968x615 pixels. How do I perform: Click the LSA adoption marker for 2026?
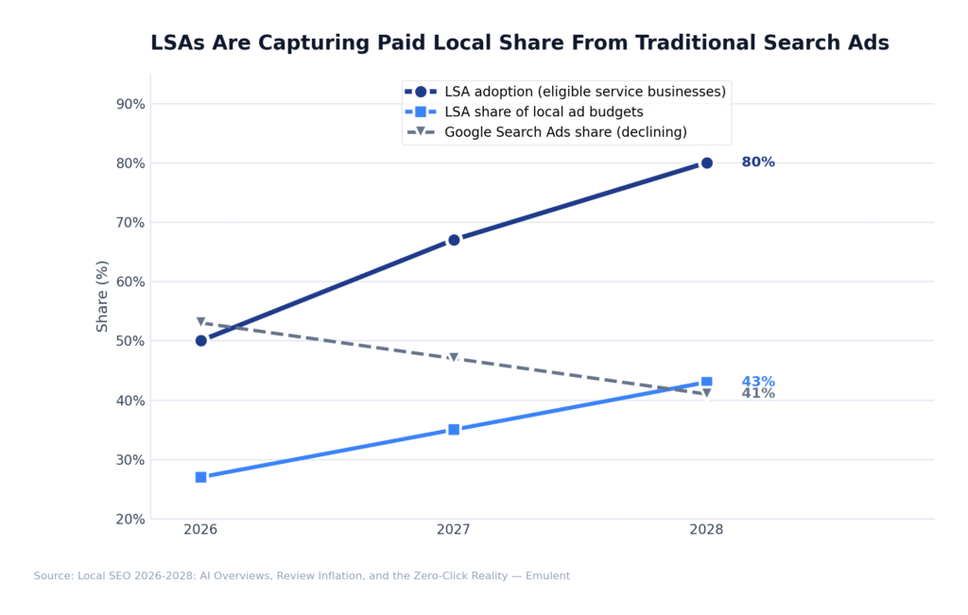point(201,340)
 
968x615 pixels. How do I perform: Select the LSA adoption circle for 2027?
point(454,240)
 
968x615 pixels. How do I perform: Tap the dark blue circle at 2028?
point(706,162)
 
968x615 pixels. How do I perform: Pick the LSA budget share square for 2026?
point(201,477)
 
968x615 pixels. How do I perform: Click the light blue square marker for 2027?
point(454,429)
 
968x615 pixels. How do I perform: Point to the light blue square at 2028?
point(706,382)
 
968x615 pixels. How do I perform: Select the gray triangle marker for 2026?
point(201,322)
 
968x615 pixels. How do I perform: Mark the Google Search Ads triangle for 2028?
point(706,394)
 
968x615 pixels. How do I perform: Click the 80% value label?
point(758,162)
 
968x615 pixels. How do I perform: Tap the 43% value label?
point(758,382)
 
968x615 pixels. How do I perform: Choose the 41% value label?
point(758,394)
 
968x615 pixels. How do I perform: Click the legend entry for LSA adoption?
point(584,92)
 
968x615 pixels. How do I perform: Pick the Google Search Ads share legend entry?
point(565,132)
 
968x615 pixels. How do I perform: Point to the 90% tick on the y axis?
point(130,104)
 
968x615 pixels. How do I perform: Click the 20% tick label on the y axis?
point(130,519)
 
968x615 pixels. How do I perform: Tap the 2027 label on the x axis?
point(454,530)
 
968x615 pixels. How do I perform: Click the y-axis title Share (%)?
point(103,296)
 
